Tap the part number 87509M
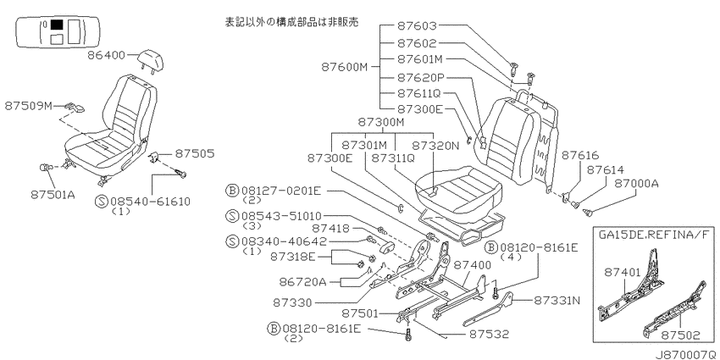[29, 106]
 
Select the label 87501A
[53, 195]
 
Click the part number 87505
[194, 153]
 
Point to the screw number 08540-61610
[149, 201]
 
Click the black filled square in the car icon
[57, 25]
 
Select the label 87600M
[345, 67]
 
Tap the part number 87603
[417, 25]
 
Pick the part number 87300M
[381, 123]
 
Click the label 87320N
[435, 145]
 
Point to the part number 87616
[580, 156]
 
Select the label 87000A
[636, 183]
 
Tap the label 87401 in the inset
[623, 272]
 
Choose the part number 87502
[681, 335]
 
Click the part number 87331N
[557, 301]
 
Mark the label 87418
[330, 228]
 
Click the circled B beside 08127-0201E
[233, 191]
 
